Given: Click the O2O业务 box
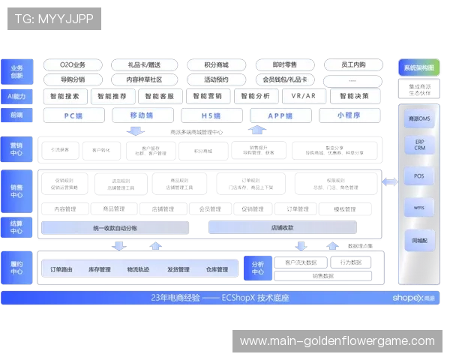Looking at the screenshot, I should pos(73,64).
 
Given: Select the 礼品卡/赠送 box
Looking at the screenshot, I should pos(144,64).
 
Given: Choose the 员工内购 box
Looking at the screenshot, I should pos(353,64).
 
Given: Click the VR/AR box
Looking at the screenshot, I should pos(304,96).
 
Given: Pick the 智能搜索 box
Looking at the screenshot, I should pos(64,96).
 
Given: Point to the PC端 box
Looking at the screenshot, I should pos(73,115).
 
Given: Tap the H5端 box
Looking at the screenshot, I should pos(211,115).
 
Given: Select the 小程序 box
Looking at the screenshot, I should pos(349,115).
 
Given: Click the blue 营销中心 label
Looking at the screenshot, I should pos(16,149).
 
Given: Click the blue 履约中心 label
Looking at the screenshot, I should pos(16,268).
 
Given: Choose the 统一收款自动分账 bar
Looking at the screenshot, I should pos(115,227).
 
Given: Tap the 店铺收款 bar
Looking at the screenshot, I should pos(282,227).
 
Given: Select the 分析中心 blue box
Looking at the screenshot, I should pos(257,268).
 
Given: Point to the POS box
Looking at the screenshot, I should pos(419,177).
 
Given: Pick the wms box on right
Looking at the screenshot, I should pos(419,208).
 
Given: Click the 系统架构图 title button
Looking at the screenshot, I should pos(418,67).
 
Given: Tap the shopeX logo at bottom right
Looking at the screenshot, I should pos(413,298).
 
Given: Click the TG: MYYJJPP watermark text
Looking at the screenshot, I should pos(54,19).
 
